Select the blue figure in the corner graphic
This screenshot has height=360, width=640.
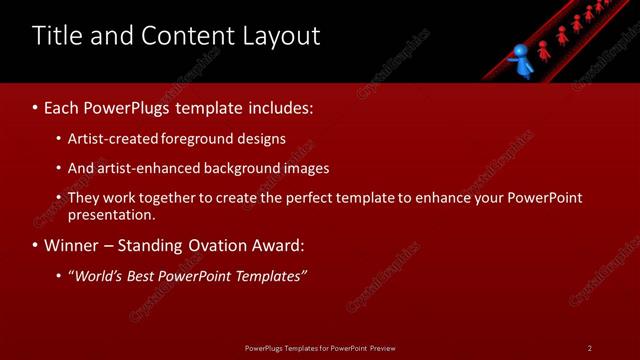coord(519,59)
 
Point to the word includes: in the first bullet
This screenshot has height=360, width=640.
coord(277,106)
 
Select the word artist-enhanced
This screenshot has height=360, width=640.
coord(148,168)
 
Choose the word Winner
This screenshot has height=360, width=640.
coord(72,245)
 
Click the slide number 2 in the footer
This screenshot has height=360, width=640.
coord(590,348)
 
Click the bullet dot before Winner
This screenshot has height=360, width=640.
coord(35,246)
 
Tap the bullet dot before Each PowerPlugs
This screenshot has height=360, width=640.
coord(35,107)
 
